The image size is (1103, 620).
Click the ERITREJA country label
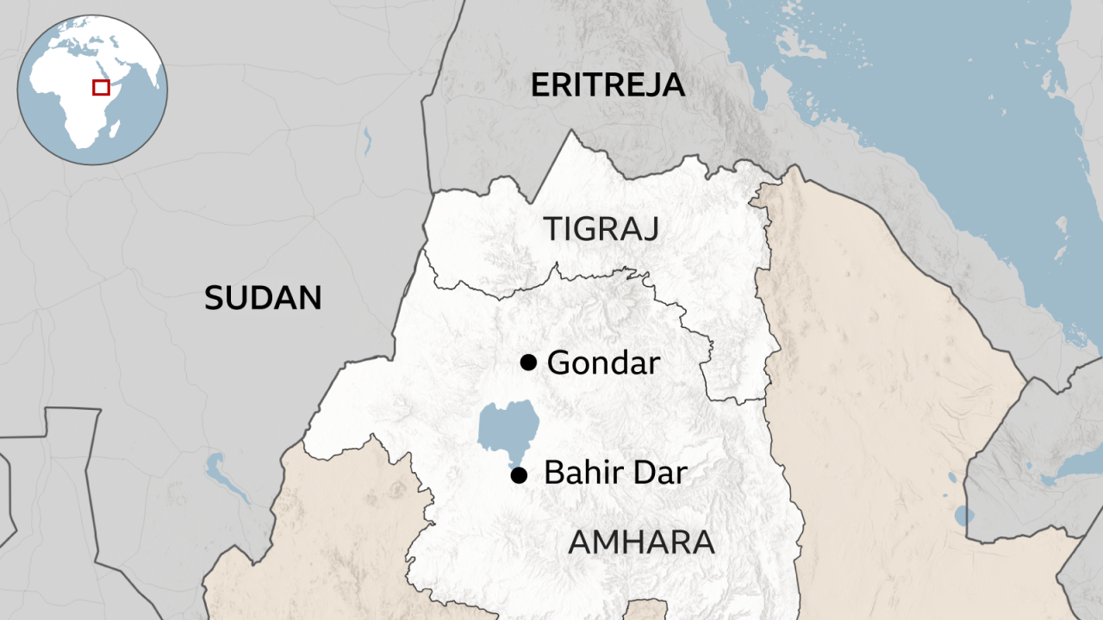coord(608,85)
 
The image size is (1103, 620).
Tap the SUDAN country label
coord(263,298)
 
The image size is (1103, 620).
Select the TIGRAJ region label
coord(601,230)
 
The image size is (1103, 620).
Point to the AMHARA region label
coord(641,542)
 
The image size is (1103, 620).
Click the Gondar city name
coord(603,363)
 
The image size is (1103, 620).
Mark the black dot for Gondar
coord(528,363)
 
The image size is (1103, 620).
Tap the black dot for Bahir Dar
coord(518,474)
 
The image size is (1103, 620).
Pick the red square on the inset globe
coord(101,87)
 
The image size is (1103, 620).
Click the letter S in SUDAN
coord(215,298)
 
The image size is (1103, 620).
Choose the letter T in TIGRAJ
coord(552,230)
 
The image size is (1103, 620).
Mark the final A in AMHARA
coord(702,542)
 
